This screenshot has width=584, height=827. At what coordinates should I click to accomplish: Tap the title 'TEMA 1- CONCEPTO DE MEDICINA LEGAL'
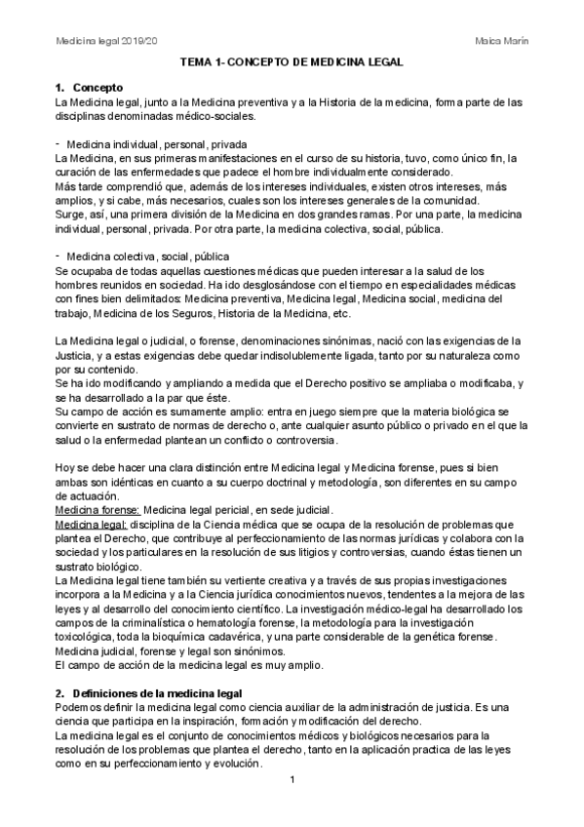click(292, 62)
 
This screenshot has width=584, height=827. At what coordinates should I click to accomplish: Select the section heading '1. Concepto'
click(95, 88)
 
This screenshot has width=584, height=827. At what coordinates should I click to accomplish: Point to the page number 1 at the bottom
click(292, 780)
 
